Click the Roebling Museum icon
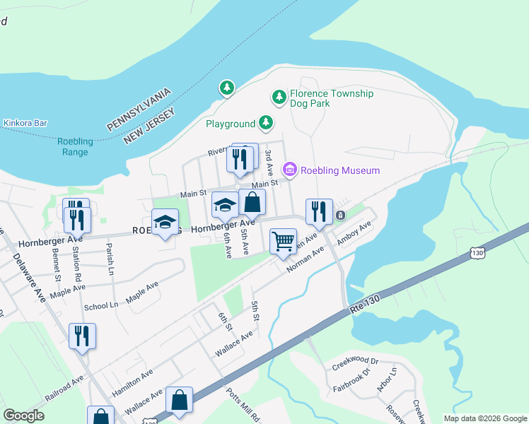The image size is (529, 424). (x=289, y=170)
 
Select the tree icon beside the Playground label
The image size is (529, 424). (x=266, y=123)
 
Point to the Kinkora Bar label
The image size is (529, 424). (x=25, y=123)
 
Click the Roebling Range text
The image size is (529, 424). (x=75, y=146)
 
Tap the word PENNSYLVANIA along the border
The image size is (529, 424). (x=139, y=110)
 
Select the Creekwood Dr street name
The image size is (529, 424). (x=356, y=364)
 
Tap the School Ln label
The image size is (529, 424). (x=101, y=306)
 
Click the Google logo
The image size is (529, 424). (x=23, y=416)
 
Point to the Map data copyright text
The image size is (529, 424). (x=484, y=418)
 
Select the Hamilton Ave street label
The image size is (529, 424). (x=132, y=383)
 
